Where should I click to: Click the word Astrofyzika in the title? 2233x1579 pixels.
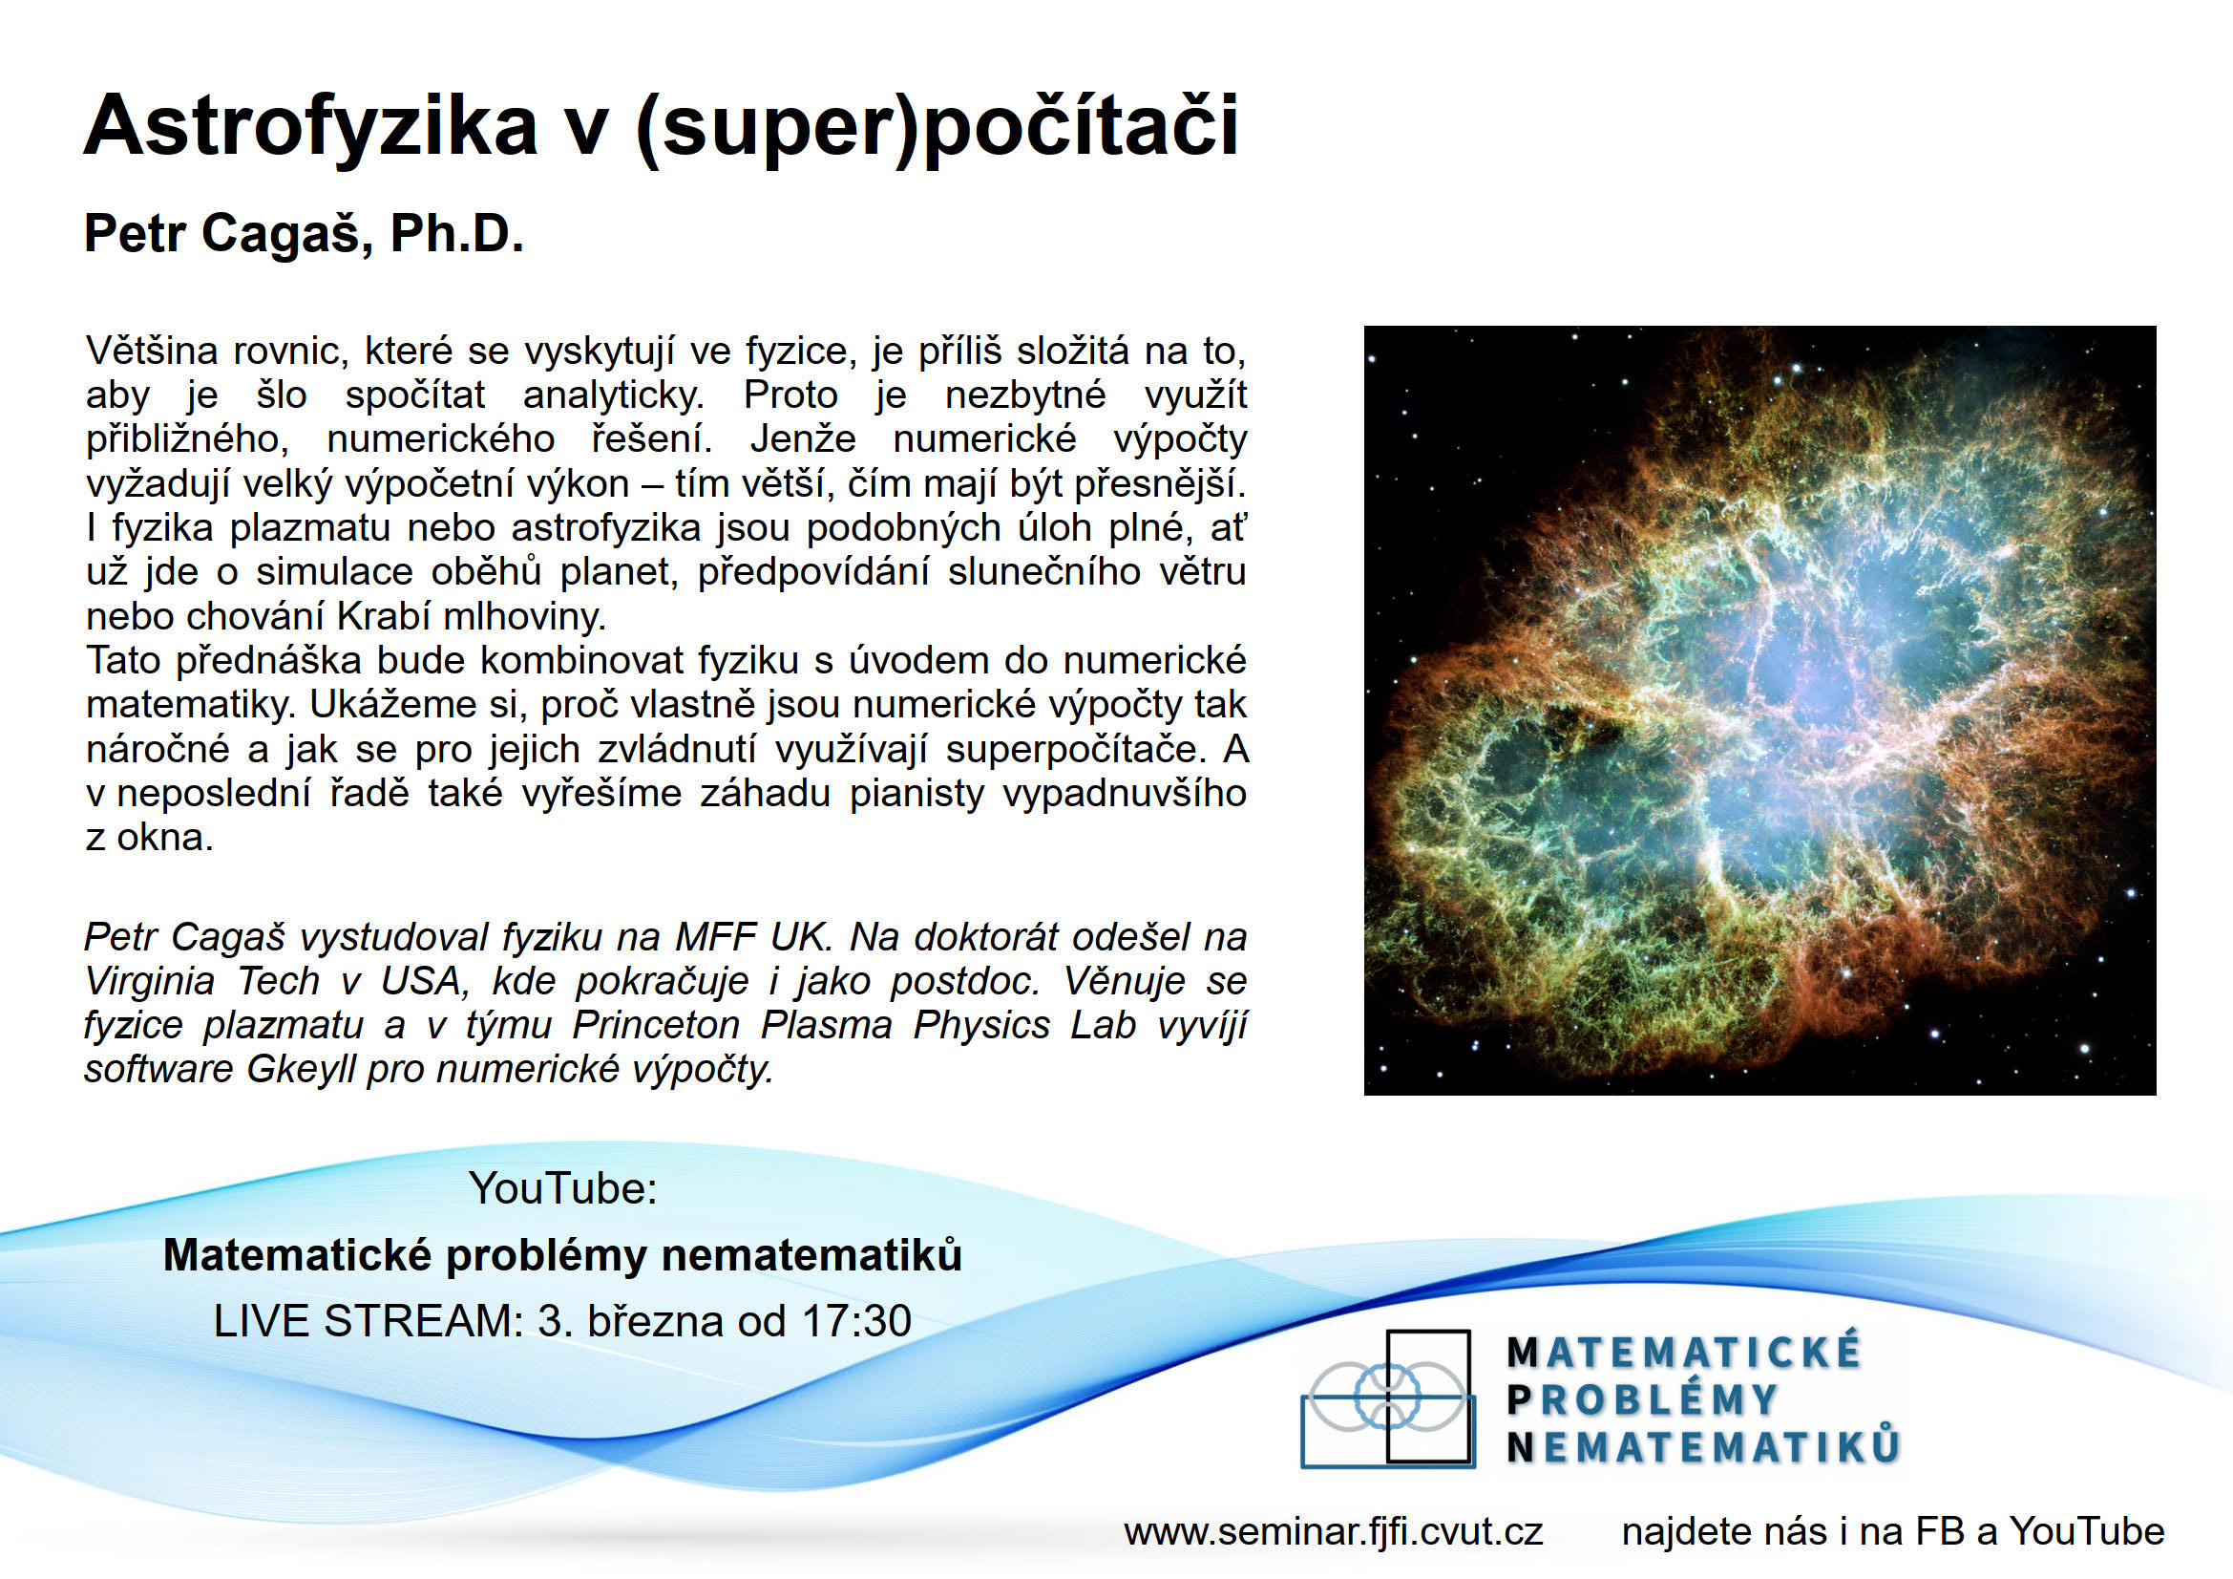point(311,126)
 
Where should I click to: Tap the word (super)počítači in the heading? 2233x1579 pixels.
point(937,126)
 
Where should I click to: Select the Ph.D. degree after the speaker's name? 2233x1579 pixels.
point(457,233)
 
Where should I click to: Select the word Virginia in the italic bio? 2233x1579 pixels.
point(150,981)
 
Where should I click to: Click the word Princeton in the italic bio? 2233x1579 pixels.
point(657,1025)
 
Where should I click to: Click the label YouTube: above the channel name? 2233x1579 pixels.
point(563,1188)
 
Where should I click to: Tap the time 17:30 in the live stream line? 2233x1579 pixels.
point(856,1320)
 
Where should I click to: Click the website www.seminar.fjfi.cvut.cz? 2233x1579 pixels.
point(1334,1531)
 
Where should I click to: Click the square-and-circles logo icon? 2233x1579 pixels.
point(1387,1398)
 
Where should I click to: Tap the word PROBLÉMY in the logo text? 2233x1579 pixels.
point(1643,1400)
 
